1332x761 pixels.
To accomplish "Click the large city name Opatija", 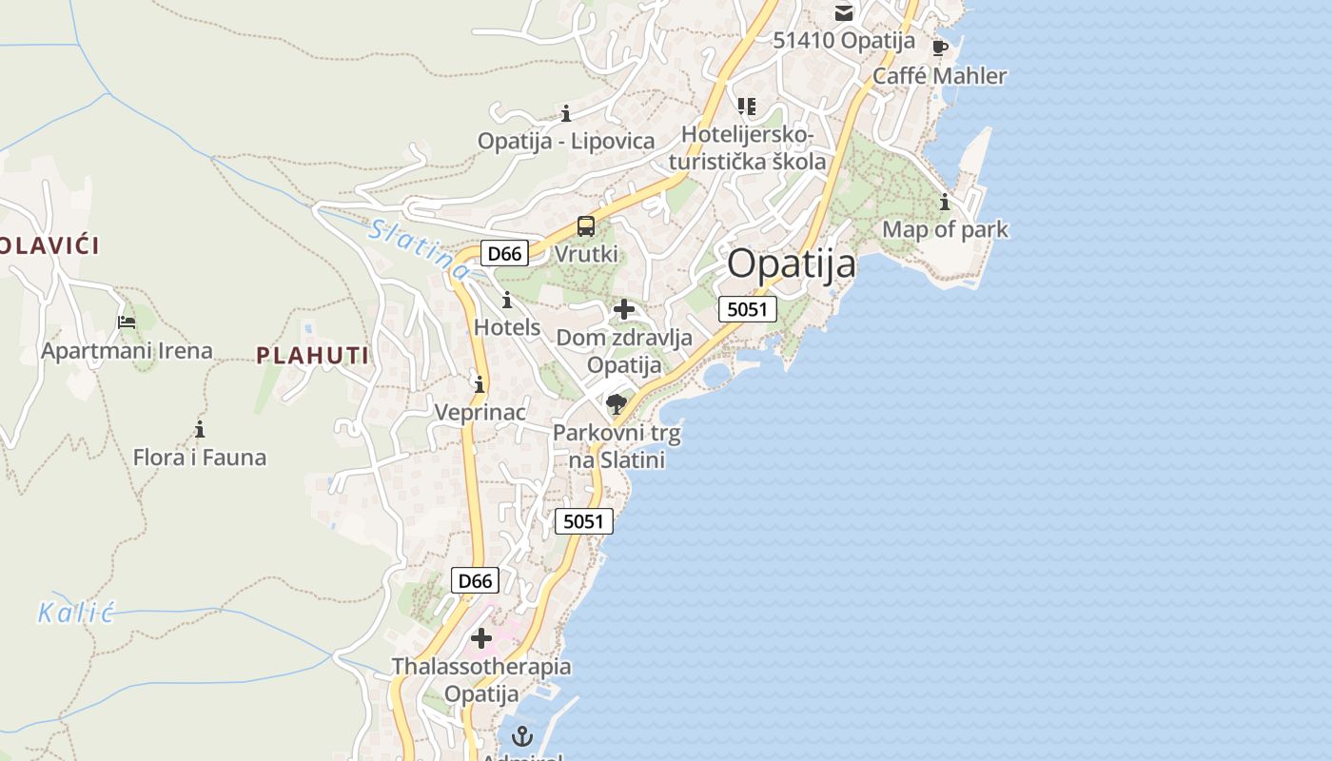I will (x=792, y=264).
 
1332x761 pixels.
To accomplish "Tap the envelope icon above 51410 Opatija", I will (x=844, y=12).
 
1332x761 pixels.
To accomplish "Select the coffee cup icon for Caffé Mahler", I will (x=940, y=48).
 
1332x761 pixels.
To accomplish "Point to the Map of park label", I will (x=945, y=229).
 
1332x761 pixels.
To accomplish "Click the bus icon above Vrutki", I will (x=586, y=226).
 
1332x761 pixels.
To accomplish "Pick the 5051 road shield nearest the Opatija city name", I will (x=748, y=308).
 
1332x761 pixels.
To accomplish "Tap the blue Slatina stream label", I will (x=420, y=249).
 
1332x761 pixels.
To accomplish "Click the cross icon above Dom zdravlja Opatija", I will (x=624, y=309).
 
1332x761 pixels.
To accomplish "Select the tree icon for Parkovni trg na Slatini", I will (x=617, y=404).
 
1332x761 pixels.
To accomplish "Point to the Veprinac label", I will (x=480, y=412).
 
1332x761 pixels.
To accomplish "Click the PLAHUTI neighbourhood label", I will (x=312, y=356).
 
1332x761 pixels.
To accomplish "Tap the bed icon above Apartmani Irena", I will (x=126, y=322).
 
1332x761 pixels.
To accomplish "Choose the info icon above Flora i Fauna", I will (x=200, y=429).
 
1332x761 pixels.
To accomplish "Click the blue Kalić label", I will (x=76, y=613).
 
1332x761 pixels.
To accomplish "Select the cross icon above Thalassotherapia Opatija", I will (x=481, y=638).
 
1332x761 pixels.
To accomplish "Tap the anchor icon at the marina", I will (x=521, y=735).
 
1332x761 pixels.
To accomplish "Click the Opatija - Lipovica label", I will (x=566, y=141).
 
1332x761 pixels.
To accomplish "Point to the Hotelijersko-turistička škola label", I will (x=754, y=147).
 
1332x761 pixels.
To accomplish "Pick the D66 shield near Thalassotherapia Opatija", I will (x=474, y=580).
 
